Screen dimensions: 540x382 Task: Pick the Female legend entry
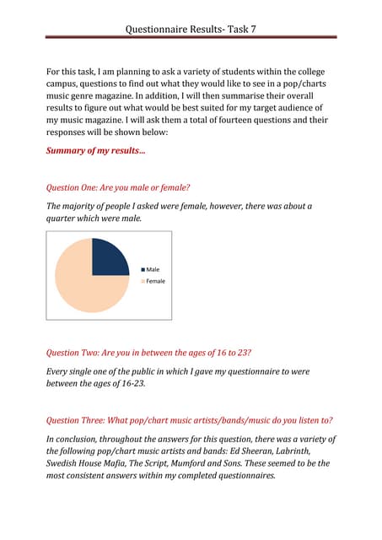[155, 281]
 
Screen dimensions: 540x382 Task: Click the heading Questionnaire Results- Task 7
[191, 28]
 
